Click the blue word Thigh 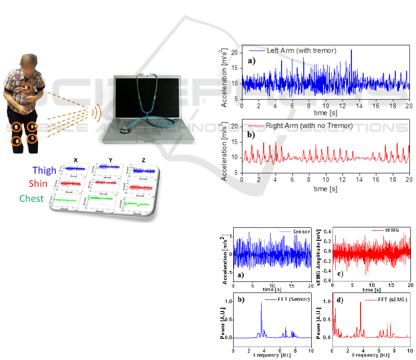coord(44,171)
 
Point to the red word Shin coord(37,184)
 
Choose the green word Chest coord(31,199)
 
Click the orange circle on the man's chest coord(27,87)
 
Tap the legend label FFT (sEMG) coord(392,300)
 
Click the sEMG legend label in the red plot coord(392,230)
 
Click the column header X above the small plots coord(76,160)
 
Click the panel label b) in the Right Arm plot coord(251,135)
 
